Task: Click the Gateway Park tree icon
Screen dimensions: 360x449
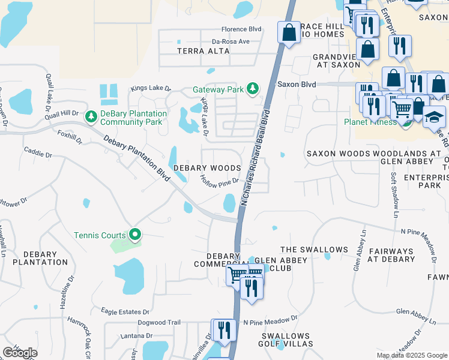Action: pos(253,89)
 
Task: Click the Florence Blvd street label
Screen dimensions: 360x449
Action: pos(242,29)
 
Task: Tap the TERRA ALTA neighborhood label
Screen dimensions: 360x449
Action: pos(203,51)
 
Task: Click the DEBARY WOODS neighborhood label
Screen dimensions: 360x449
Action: pos(207,169)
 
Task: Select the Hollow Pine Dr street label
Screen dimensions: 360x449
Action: pos(220,180)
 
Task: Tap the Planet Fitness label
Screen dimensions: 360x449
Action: pos(370,122)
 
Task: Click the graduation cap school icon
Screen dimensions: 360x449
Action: pos(434,117)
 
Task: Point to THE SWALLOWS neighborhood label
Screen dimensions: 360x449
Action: pos(314,250)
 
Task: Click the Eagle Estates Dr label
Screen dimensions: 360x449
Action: pos(125,312)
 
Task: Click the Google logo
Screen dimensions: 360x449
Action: pos(20,353)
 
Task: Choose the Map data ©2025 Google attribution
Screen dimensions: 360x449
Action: pos(412,355)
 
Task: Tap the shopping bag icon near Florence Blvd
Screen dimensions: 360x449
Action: pos(289,32)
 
